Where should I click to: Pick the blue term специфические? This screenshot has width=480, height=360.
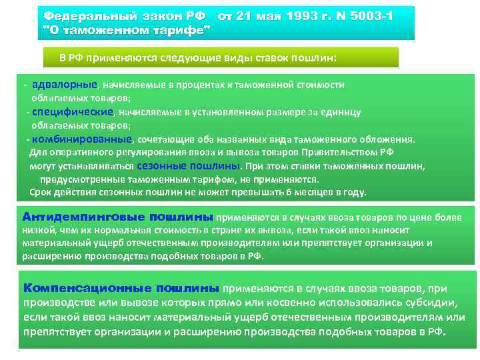point(73,112)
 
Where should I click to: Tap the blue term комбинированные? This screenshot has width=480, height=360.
point(83,139)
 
